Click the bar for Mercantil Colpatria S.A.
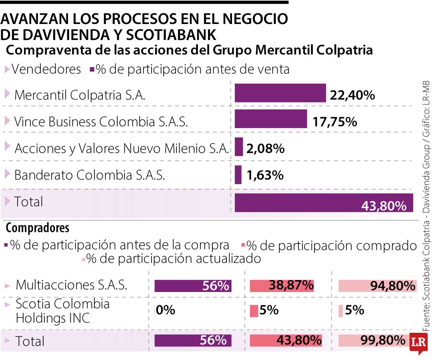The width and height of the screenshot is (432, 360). pos(280,93)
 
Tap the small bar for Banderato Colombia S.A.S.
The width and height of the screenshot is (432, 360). pos(238,175)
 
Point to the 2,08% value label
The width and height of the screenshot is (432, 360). pos(266,149)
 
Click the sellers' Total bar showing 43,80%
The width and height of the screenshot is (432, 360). pos(324,203)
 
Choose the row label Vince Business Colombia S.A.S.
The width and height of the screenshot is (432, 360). pos(101,122)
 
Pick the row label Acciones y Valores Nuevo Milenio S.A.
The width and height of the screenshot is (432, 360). pos(122,148)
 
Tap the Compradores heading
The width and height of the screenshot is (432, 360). pos(38,228)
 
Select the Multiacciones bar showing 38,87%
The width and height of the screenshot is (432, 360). pos(282,286)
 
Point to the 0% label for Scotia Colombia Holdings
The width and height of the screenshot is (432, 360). pos(165,310)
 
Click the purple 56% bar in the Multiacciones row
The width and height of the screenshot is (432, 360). pos(193,286)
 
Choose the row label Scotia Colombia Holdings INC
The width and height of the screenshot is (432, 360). pos(62,311)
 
